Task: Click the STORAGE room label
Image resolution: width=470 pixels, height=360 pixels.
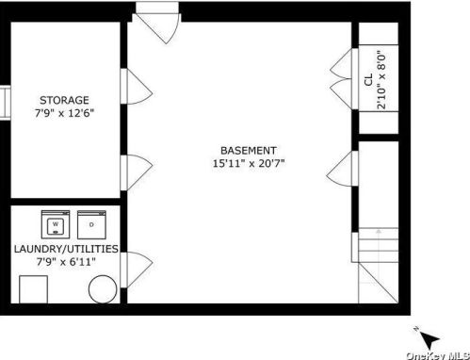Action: [x=64, y=100]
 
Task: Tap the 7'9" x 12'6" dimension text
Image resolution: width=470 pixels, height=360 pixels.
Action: [x=64, y=113]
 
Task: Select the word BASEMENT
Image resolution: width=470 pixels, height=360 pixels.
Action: [x=249, y=151]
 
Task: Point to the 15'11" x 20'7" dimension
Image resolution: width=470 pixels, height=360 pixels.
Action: [x=249, y=163]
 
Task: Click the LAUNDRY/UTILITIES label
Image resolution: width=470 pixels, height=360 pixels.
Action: [x=66, y=249]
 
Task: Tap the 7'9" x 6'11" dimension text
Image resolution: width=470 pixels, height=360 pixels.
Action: [x=66, y=261]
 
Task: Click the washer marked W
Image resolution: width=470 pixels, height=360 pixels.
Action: [x=56, y=224]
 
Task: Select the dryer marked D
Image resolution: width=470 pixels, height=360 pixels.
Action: [x=91, y=224]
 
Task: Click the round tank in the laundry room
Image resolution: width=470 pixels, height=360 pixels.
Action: [x=103, y=289]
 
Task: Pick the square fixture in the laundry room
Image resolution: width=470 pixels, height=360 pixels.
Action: [x=34, y=289]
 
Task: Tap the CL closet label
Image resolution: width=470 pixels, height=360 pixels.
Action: [x=368, y=79]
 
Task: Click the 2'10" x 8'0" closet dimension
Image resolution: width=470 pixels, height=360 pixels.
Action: [x=381, y=80]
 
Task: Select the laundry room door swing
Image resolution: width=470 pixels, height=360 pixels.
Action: [x=138, y=270]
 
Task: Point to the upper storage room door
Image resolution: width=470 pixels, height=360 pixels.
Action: [x=138, y=87]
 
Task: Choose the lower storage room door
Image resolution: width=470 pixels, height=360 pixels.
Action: [x=138, y=172]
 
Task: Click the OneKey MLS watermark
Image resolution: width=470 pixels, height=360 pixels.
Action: [x=438, y=355]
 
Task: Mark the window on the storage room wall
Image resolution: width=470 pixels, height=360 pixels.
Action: [x=6, y=103]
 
